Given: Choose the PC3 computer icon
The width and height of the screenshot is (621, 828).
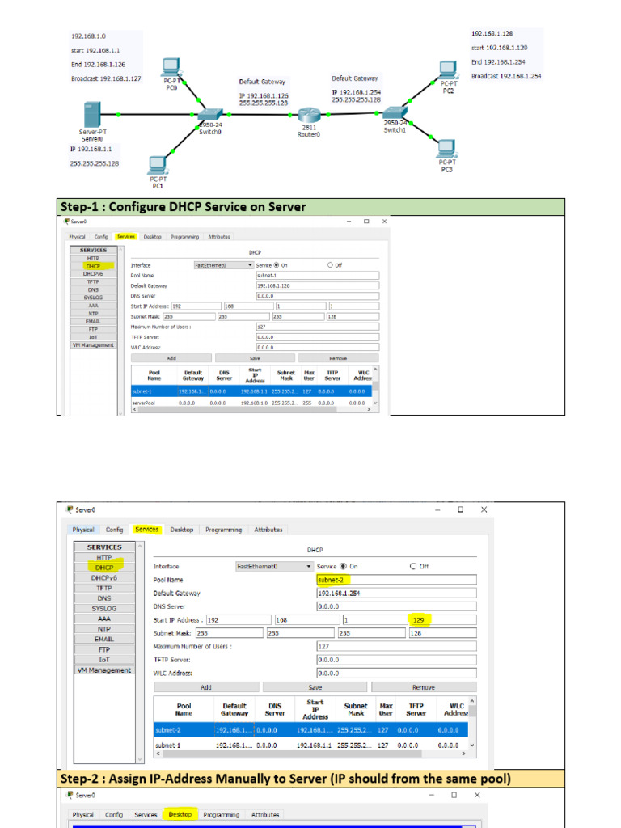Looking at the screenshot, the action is pyautogui.click(x=446, y=148).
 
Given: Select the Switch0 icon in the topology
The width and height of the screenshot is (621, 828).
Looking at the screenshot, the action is pyautogui.click(x=210, y=115).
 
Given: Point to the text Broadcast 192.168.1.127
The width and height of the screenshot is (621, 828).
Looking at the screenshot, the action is pyautogui.click(x=106, y=79).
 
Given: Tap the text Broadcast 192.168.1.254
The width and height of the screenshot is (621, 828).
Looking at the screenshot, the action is pyautogui.click(x=506, y=76).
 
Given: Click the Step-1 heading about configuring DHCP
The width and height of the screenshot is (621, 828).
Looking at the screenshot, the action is pyautogui.click(x=182, y=207).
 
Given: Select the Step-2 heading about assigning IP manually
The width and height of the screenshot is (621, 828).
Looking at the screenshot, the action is pyautogui.click(x=285, y=778).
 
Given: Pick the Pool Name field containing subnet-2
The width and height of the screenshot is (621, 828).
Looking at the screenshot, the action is pyautogui.click(x=396, y=580).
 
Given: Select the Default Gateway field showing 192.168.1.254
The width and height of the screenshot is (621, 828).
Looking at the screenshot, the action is pyautogui.click(x=396, y=593).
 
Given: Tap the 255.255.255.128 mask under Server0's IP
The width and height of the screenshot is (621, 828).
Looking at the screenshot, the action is pyautogui.click(x=95, y=163).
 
